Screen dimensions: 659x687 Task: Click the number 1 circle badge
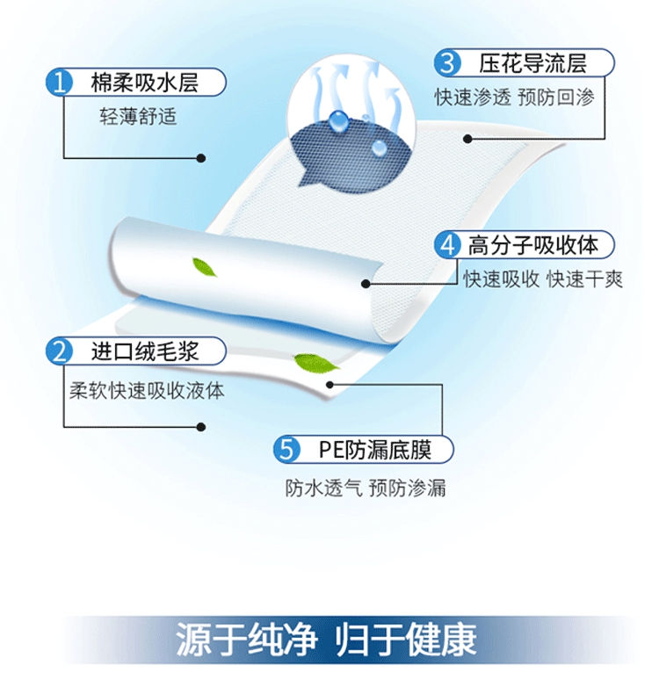point(61,84)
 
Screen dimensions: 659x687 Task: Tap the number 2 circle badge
point(61,352)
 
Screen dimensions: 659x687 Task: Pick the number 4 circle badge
point(449,245)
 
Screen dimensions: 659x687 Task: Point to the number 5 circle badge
point(286,451)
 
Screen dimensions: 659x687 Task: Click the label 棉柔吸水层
point(145,84)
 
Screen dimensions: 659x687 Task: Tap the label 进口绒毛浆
point(146,352)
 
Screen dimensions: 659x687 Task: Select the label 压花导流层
point(532,63)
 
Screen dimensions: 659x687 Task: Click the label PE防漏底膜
point(374,451)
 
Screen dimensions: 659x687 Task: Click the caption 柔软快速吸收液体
point(147,390)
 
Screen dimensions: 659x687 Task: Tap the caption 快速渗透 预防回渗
point(515,98)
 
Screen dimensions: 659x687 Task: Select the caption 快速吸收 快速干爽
point(543,279)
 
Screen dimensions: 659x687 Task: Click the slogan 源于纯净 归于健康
point(326,640)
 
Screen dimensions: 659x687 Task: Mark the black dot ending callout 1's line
point(201,158)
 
